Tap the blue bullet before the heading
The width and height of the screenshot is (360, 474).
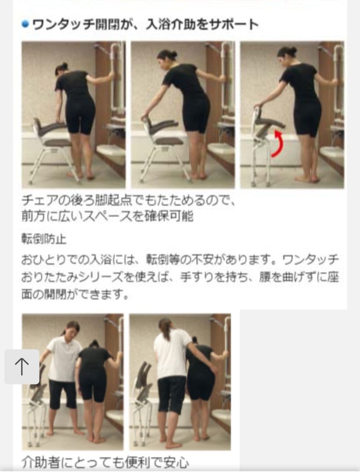(25, 25)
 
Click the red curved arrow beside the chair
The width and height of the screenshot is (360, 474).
(277, 143)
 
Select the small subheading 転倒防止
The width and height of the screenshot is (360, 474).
(44, 239)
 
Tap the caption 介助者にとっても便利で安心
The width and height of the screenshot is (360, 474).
(105, 462)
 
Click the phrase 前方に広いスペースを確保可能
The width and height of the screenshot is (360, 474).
(107, 216)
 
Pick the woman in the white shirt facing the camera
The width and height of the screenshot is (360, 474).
(64, 369)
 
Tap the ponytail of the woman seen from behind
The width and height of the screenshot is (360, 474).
(166, 329)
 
